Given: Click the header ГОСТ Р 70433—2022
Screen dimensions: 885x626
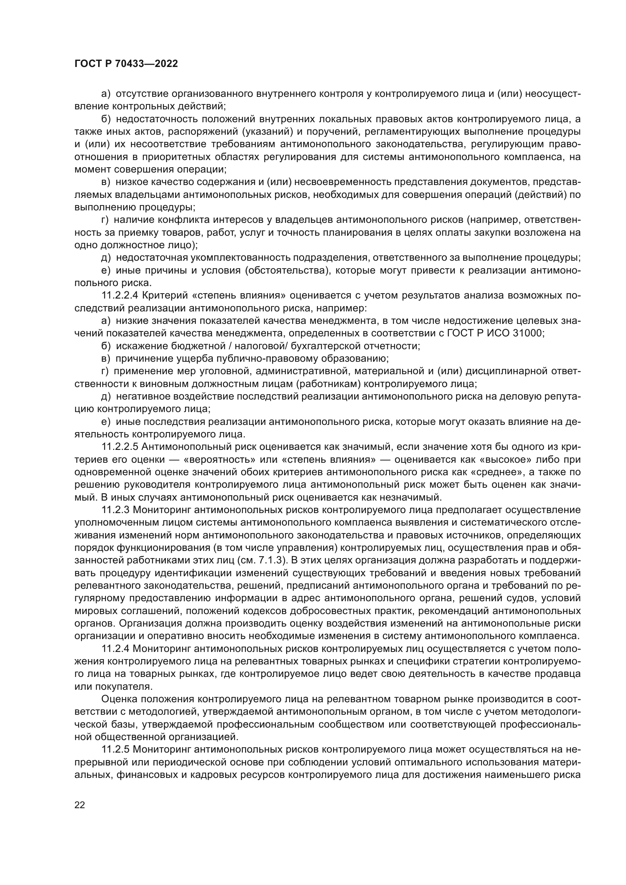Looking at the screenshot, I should click(126, 64).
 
